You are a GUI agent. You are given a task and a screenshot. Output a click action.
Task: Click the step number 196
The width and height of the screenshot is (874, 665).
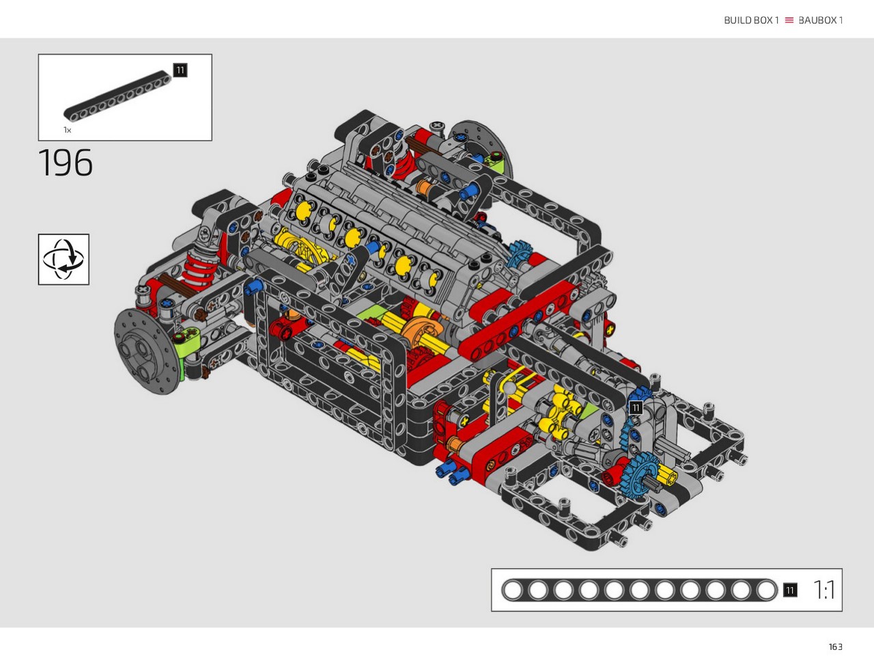[x=66, y=163]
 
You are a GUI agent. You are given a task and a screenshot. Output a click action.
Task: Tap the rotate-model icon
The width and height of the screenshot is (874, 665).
[x=64, y=260]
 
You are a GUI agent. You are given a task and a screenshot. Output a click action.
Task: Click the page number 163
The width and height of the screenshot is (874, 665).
[x=835, y=647]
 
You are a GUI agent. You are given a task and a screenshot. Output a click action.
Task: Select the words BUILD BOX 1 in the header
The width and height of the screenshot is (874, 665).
[x=751, y=21]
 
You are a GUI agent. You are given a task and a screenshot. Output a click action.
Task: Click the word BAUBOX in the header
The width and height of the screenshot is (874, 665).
[x=817, y=21]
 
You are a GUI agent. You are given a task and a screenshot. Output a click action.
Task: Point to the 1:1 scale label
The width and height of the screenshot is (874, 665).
[x=823, y=590]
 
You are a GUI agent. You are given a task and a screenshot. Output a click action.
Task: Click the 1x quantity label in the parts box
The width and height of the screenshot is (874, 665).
[x=68, y=130]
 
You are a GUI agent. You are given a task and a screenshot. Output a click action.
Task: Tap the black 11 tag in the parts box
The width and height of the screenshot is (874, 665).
[x=180, y=70]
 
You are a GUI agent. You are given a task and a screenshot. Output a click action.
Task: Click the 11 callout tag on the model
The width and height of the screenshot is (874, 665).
[x=636, y=407]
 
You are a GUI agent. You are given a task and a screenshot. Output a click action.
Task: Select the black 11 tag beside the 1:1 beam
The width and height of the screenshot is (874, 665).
[x=790, y=590]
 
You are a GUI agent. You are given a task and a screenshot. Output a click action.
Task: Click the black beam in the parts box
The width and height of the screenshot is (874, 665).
[x=117, y=96]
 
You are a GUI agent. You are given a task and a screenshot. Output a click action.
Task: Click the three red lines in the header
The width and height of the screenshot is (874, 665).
[x=789, y=21]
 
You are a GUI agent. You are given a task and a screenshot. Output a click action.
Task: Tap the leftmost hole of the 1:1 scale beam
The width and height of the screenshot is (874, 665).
[x=513, y=590]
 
